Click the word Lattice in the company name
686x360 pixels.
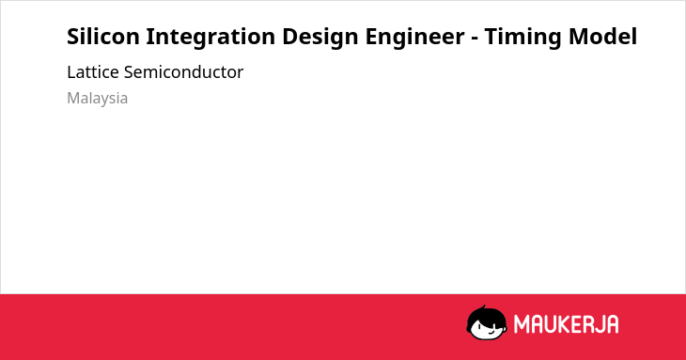click(93, 72)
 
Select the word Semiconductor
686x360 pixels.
click(183, 72)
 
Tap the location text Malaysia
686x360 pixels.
click(97, 99)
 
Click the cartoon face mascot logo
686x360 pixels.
click(487, 322)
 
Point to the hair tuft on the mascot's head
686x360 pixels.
click(483, 308)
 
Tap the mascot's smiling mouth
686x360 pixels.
click(491, 332)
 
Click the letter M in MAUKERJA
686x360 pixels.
click(522, 324)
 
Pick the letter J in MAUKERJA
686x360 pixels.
click(597, 324)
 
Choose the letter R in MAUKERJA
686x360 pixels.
click(585, 324)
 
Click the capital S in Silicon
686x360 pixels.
click(73, 37)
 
